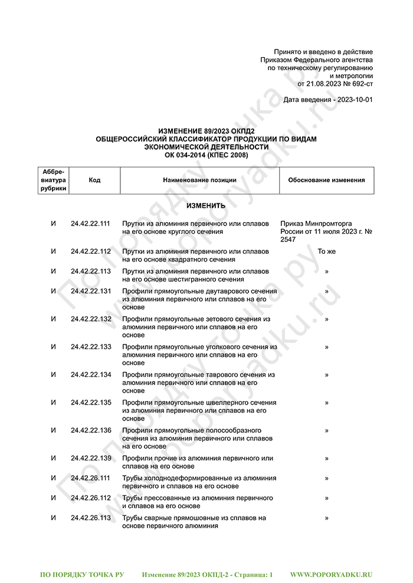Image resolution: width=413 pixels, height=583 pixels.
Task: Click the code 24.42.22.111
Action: click(x=90, y=224)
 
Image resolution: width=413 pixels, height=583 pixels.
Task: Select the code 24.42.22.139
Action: click(x=90, y=458)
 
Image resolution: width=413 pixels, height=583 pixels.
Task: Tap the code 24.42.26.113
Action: click(x=90, y=518)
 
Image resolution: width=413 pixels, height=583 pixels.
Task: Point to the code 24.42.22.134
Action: click(x=90, y=375)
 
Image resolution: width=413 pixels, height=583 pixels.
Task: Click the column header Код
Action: click(x=94, y=180)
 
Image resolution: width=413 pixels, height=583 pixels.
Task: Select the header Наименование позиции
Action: click(x=199, y=180)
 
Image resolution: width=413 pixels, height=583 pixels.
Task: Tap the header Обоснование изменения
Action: click(x=326, y=180)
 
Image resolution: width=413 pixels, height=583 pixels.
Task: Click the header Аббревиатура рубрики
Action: click(x=54, y=180)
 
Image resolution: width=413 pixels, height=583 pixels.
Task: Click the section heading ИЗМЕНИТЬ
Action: click(x=206, y=206)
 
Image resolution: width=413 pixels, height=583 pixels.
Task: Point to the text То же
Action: click(x=326, y=251)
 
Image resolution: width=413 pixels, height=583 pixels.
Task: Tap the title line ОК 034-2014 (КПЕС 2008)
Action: click(x=206, y=155)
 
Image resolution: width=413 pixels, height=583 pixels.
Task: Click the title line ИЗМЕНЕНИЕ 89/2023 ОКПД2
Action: click(x=206, y=131)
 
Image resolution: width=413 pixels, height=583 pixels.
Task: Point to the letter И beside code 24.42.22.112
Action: click(x=54, y=251)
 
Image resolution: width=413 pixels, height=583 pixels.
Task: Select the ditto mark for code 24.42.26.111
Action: click(x=326, y=478)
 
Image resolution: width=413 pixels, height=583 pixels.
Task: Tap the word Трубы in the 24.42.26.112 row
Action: click(x=133, y=498)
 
